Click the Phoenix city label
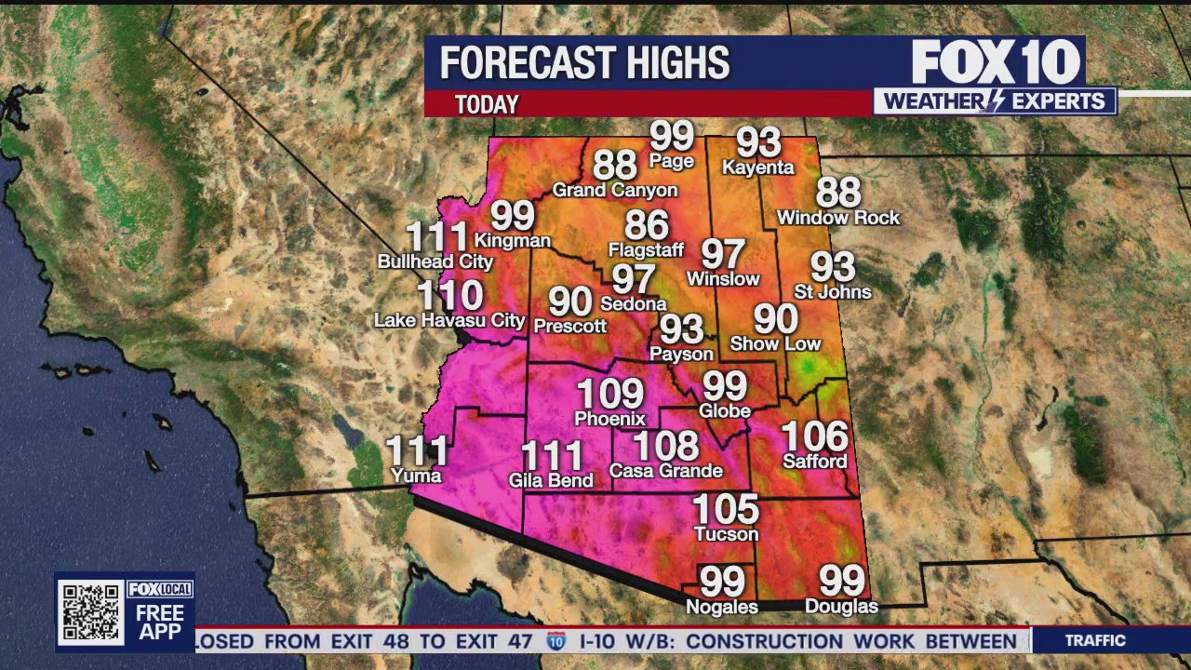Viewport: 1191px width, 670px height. [609, 419]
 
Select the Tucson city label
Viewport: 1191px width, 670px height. [727, 534]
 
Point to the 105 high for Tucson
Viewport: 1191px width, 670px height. [727, 509]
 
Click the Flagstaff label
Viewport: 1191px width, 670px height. [646, 250]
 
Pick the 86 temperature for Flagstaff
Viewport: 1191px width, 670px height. [647, 225]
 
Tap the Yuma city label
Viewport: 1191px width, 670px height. [416, 476]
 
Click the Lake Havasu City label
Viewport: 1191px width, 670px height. [449, 321]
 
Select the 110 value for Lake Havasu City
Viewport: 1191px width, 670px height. [449, 296]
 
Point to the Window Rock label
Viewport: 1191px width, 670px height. [838, 218]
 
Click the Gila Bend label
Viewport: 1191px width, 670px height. [552, 481]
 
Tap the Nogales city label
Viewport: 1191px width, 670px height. [722, 607]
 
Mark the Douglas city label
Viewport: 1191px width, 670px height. [841, 607]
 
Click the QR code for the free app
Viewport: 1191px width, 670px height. [90, 611]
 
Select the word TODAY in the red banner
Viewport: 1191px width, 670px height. [487, 104]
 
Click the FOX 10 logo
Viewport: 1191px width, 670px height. [996, 62]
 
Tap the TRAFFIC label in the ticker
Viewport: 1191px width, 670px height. [1095, 640]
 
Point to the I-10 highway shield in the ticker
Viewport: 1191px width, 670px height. [556, 640]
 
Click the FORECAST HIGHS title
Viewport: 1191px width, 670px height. [584, 63]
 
